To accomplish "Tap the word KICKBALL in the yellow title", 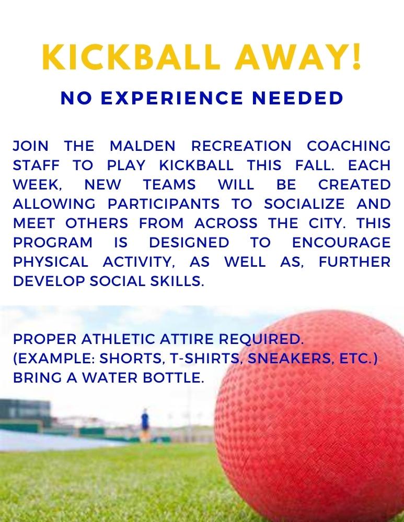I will pyautogui.click(x=132, y=58).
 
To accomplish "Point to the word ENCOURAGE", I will pyautogui.click(x=341, y=242).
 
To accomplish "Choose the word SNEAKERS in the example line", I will pyautogui.click(x=279, y=359).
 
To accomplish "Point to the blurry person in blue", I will pyautogui.click(x=145, y=419).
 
